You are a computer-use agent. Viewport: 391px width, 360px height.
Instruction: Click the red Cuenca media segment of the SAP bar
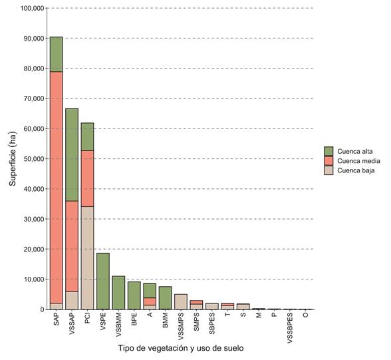tap(57, 186)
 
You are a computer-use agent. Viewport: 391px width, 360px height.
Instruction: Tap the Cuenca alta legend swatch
tap(328, 150)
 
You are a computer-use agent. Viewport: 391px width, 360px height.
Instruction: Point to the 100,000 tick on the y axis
tap(33, 9)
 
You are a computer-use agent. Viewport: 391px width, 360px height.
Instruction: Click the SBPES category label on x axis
tap(211, 322)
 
